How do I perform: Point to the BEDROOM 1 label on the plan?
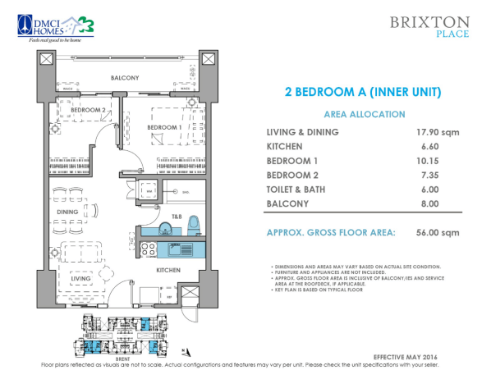163,128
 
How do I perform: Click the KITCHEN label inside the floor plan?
169,269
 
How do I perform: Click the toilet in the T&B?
194,223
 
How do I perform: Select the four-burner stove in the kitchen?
149,248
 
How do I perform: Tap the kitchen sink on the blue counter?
175,248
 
